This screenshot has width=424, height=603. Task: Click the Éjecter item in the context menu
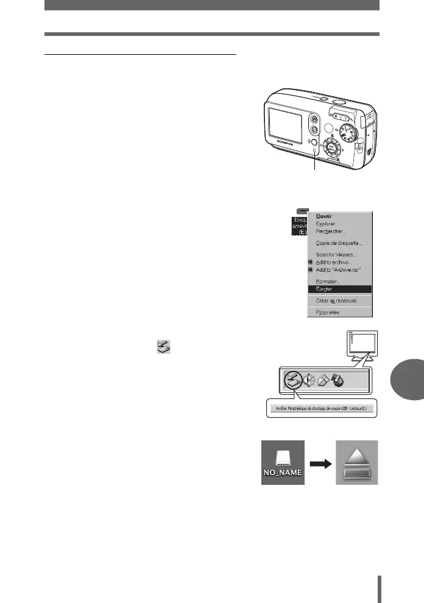(x=325, y=289)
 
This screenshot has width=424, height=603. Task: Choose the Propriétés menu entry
(x=328, y=312)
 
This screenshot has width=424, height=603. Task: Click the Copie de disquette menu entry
(x=339, y=244)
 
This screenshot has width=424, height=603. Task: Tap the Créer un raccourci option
(x=336, y=301)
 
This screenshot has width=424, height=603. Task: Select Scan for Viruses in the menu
(x=336, y=255)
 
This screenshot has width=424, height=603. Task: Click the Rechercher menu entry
(x=330, y=231)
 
